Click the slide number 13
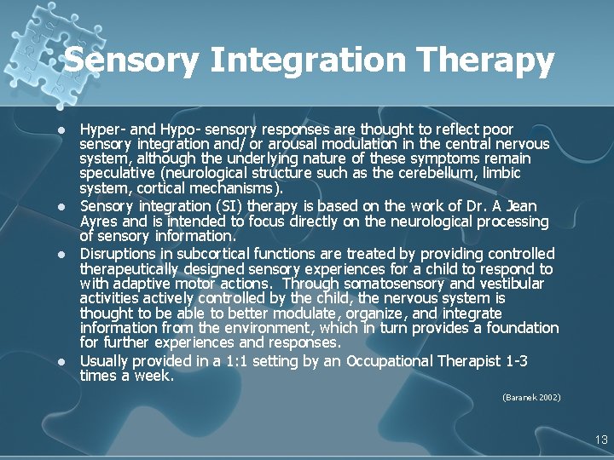point(601,440)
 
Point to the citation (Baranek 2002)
point(531,397)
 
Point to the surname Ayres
point(101,221)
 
